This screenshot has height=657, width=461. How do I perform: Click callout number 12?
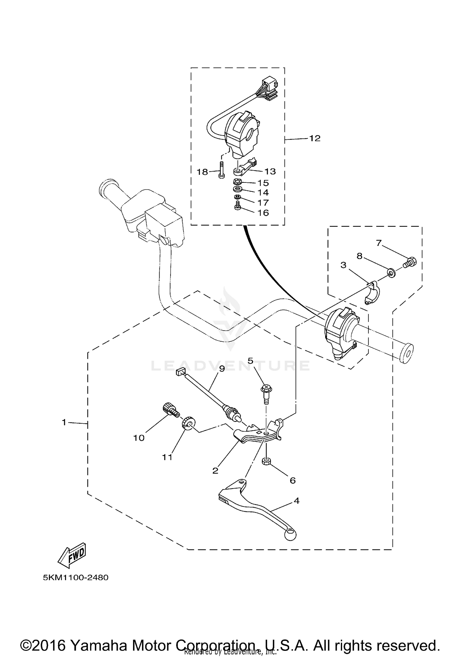[314, 138]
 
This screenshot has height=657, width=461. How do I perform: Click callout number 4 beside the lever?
[296, 501]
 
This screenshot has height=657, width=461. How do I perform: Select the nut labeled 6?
[266, 461]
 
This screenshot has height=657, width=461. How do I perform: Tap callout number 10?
[139, 438]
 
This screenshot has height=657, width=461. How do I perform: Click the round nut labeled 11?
[187, 423]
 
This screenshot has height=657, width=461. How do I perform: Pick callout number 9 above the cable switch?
[222, 368]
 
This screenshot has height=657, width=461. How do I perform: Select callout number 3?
[343, 265]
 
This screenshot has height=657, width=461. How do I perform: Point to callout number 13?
[270, 171]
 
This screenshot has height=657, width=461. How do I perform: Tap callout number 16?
[263, 213]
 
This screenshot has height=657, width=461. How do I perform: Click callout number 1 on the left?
[64, 423]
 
